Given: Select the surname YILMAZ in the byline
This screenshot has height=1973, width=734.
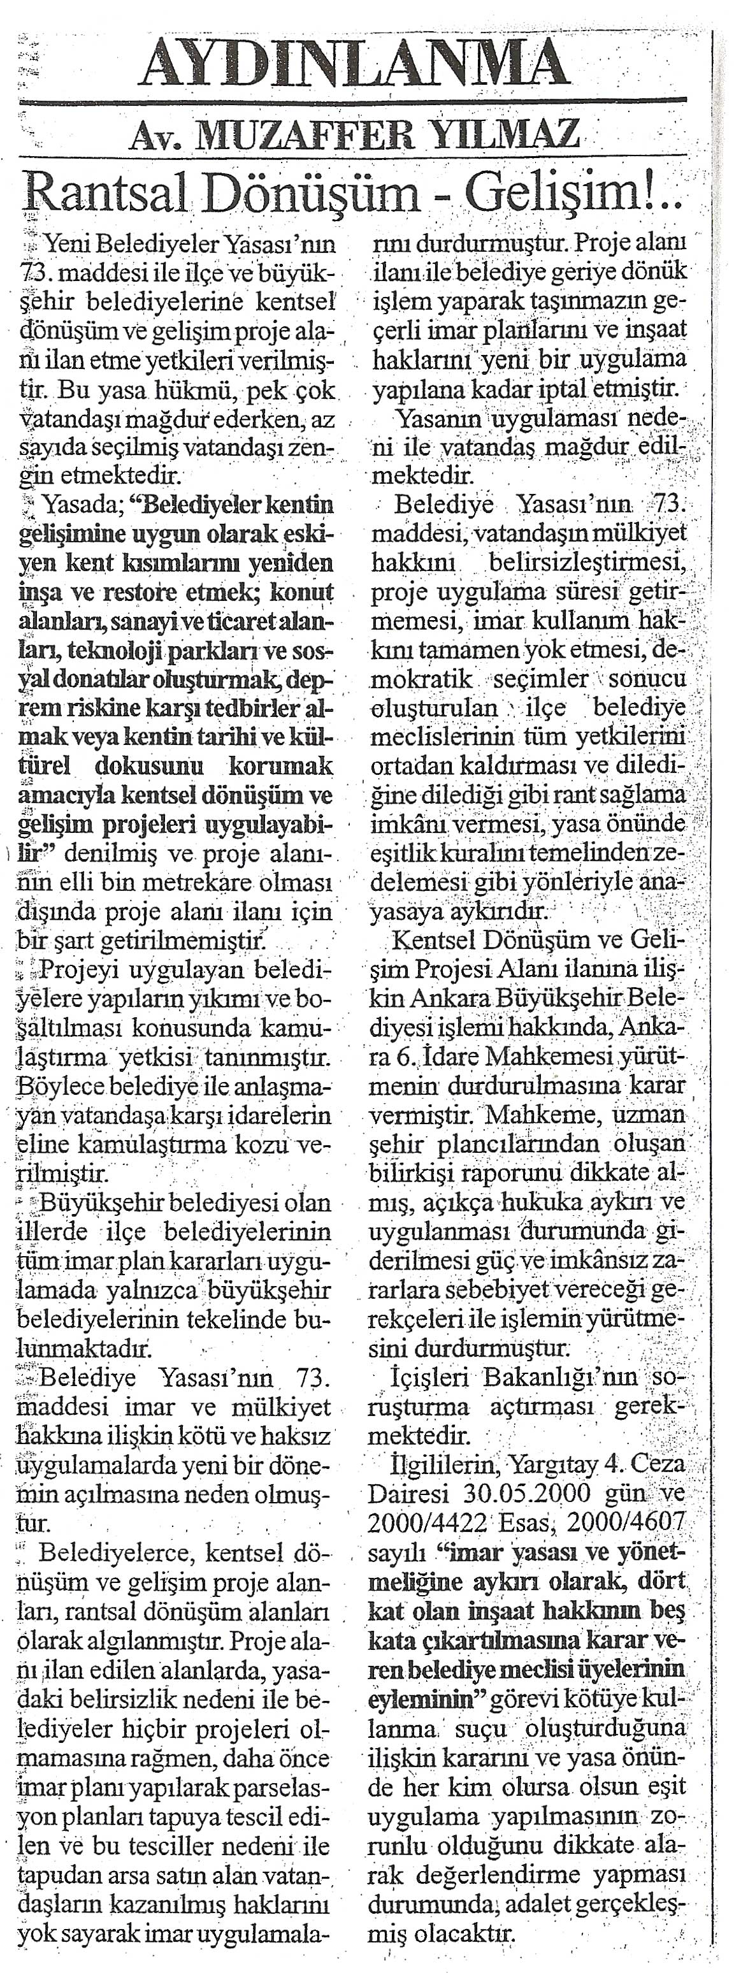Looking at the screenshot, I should [x=503, y=136].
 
